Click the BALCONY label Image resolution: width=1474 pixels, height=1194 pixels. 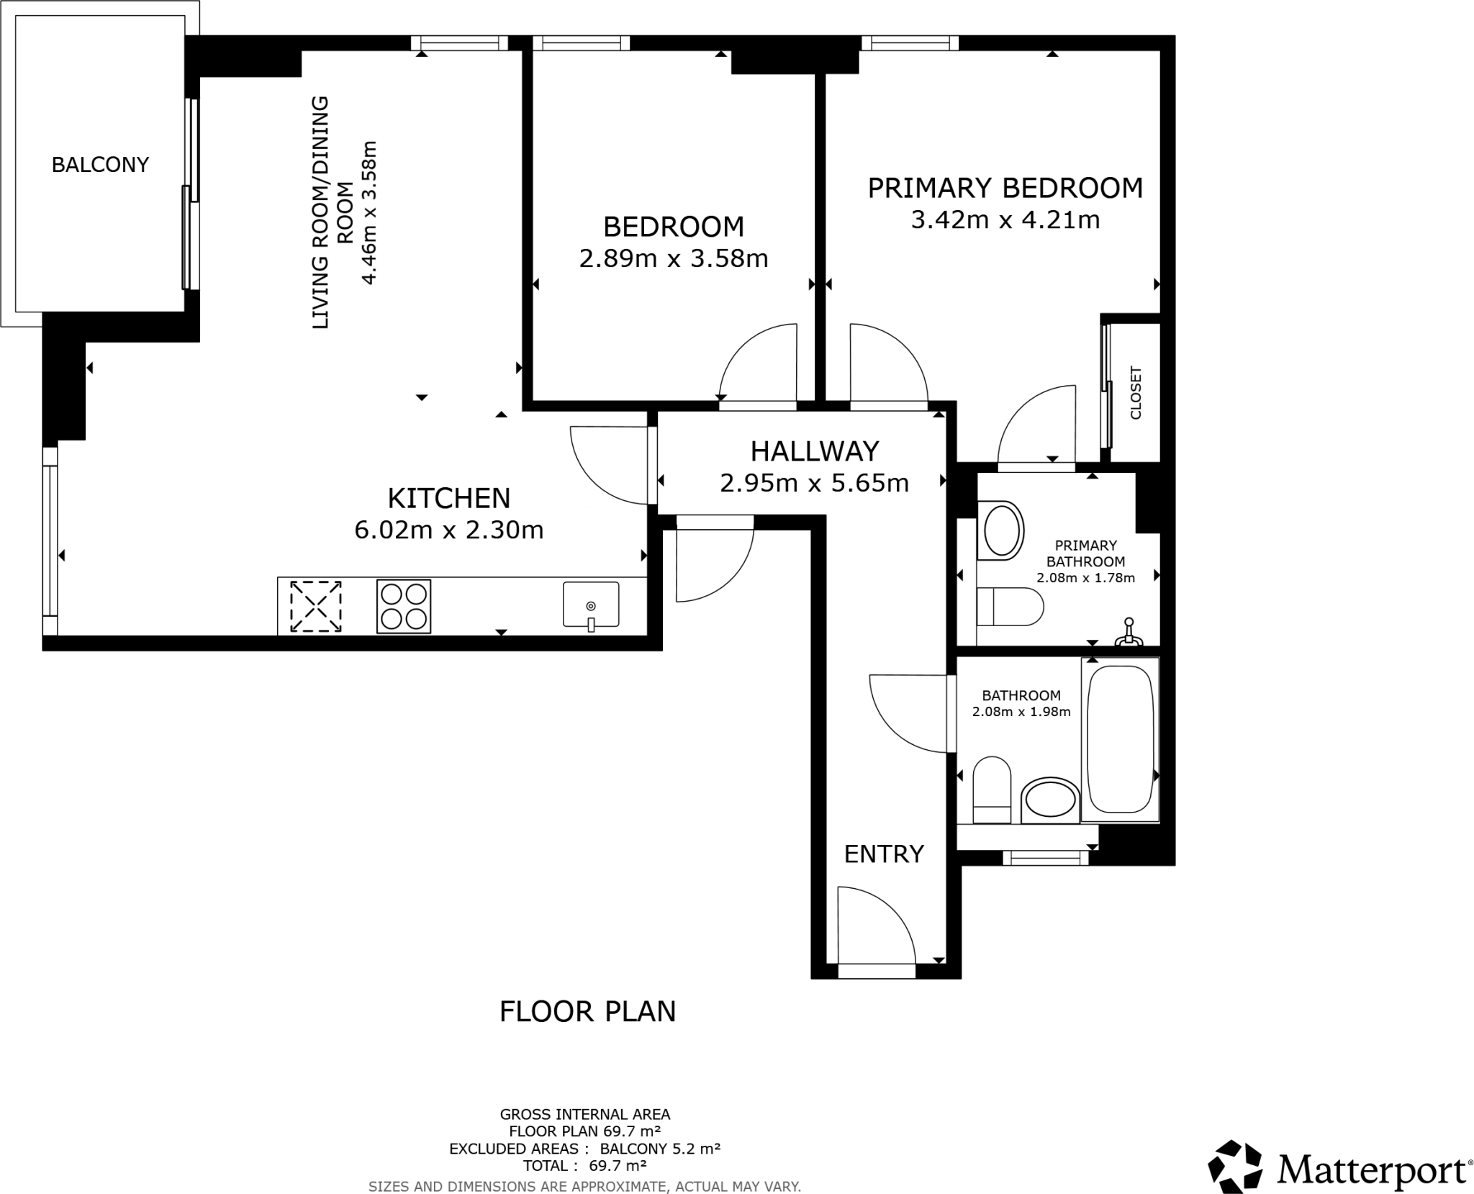pos(100,165)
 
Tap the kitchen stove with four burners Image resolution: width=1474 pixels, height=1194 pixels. pos(403,606)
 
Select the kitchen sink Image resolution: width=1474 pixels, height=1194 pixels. pos(590,605)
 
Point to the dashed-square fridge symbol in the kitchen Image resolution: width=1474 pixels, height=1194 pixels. pos(315,607)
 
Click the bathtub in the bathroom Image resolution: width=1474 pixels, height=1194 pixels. pos(1120,739)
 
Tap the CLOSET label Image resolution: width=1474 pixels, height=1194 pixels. pos(1136,393)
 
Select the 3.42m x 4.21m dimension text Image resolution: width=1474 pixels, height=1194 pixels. pos(1005,220)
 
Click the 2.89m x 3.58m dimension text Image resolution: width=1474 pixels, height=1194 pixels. pos(673,258)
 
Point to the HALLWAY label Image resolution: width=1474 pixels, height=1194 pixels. pos(814,451)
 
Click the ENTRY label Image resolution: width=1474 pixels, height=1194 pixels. pos(883,854)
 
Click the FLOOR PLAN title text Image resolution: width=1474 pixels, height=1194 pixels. pos(587,1011)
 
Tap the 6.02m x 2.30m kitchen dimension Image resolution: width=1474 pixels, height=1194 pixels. pos(448,530)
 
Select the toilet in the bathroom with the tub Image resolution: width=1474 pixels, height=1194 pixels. pos(992,790)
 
